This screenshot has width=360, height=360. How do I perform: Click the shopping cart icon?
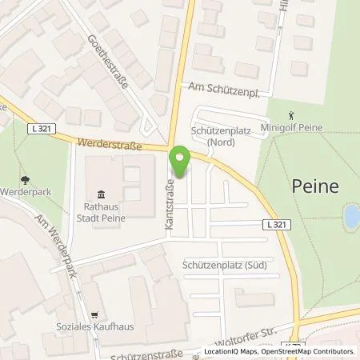94,315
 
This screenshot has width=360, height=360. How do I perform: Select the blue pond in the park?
350,214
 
